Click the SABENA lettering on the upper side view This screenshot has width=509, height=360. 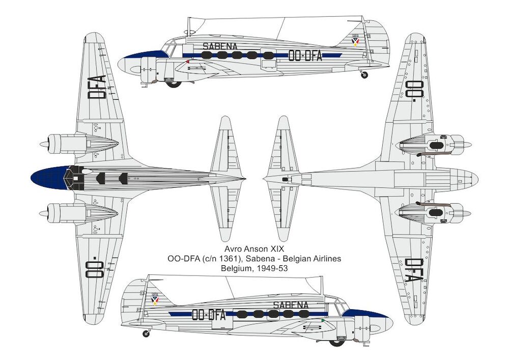[x=220, y=46]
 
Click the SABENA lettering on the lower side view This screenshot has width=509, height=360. [x=291, y=305]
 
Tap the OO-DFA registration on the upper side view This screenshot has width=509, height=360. [x=305, y=56]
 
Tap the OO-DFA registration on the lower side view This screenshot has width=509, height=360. [x=208, y=315]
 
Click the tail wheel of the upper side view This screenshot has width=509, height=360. [x=364, y=75]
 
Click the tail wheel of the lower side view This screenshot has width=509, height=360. [x=147, y=334]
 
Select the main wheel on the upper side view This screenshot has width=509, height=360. [x=174, y=84]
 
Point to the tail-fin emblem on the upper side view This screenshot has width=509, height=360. [x=356, y=41]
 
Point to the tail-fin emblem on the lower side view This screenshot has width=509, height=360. [x=155, y=300]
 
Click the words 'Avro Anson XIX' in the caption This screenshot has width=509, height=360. [x=254, y=250]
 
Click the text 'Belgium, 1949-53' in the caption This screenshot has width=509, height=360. [x=254, y=269]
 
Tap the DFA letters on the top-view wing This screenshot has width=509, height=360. [x=97, y=87]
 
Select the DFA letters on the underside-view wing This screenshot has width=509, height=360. [x=414, y=270]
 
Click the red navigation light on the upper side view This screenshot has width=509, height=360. [x=188, y=61]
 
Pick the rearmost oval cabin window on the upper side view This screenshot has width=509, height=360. [x=268, y=56]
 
